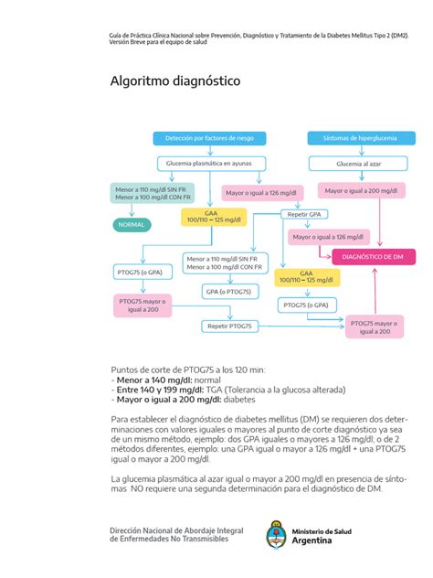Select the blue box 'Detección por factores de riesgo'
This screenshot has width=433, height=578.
tap(209, 137)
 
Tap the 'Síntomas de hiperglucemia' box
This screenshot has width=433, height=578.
tap(353, 137)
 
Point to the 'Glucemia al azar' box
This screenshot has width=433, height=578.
tap(354, 163)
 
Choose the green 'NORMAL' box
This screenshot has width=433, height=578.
tap(132, 223)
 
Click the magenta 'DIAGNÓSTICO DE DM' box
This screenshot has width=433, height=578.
tap(373, 258)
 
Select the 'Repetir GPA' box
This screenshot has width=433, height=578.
tap(304, 214)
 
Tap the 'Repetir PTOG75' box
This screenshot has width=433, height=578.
tap(229, 326)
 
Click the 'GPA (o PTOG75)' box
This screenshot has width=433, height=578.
tap(228, 291)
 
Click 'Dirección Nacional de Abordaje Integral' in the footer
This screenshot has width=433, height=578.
tap(176, 530)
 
